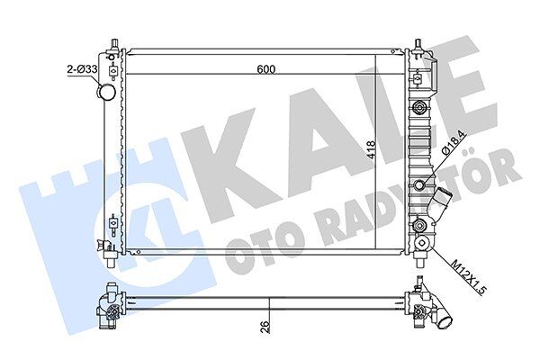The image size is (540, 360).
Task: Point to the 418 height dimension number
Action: click(x=370, y=154)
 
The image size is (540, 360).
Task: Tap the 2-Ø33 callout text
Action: click(x=76, y=67)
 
